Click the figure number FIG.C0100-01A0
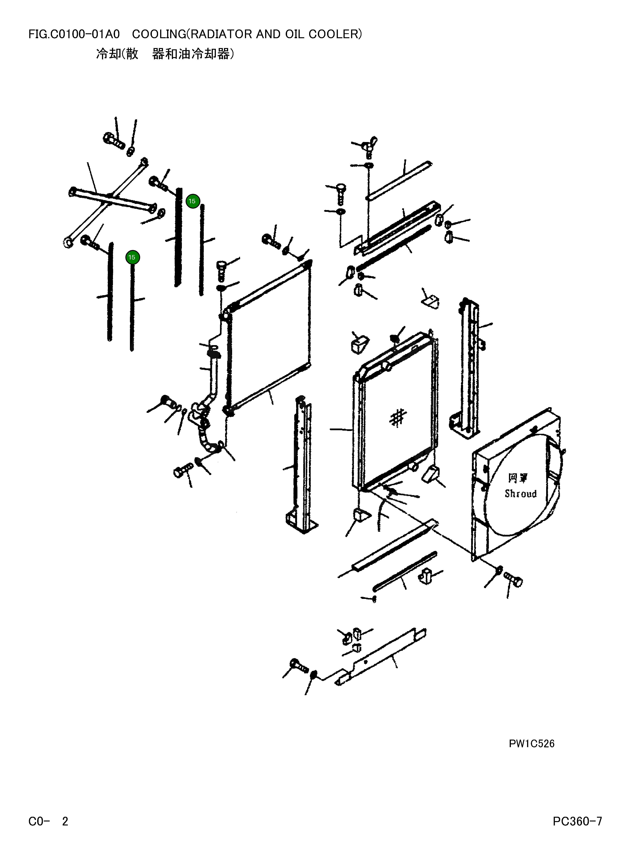[74, 34]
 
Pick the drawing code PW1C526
[531, 744]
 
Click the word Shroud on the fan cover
[520, 494]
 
